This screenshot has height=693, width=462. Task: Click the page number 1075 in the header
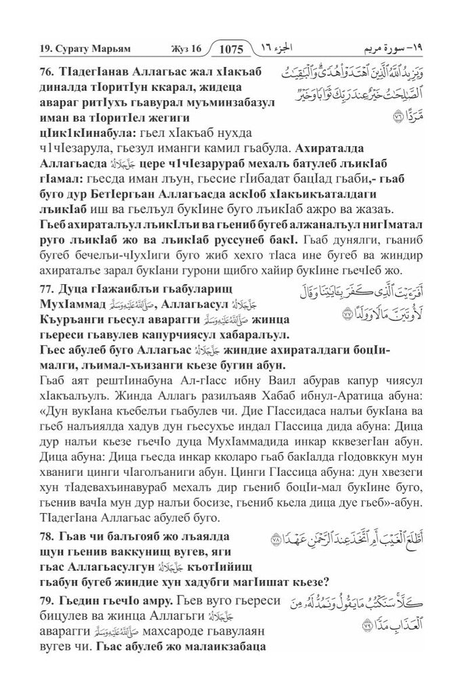[x=231, y=49]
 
